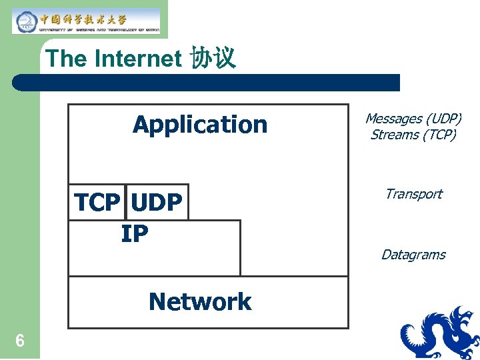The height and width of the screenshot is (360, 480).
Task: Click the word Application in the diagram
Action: (x=200, y=125)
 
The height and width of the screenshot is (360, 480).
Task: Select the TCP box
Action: (x=97, y=202)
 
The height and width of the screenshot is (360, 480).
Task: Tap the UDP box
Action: (x=157, y=202)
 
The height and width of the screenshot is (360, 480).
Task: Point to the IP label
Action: (x=135, y=234)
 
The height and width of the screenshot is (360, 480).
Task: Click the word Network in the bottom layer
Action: (x=200, y=302)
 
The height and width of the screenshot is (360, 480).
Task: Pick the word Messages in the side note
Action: (x=393, y=119)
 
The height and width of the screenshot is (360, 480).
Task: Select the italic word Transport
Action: (x=413, y=194)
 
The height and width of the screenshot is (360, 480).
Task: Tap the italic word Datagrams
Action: (x=413, y=255)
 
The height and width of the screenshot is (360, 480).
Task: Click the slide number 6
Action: (x=20, y=341)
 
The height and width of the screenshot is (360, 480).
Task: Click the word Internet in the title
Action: (x=138, y=59)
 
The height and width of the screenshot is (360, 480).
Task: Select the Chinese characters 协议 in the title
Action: (x=213, y=59)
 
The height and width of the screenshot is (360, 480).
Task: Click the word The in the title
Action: (x=67, y=59)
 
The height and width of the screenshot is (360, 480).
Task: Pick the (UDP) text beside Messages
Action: (x=443, y=119)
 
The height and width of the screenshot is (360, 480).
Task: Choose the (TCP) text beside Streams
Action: (x=440, y=135)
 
